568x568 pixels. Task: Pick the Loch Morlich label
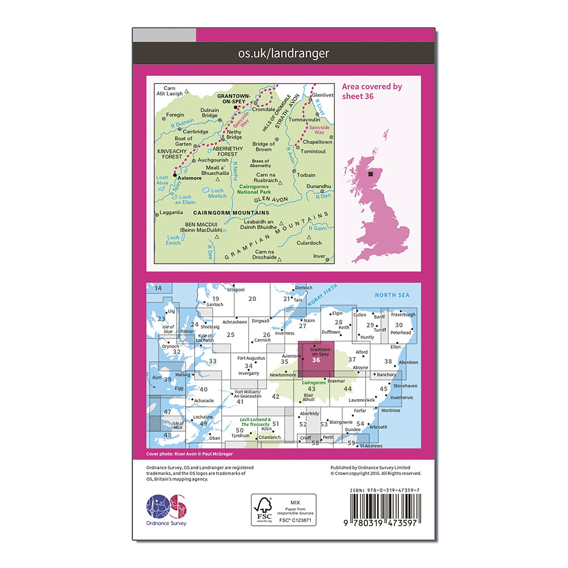217,193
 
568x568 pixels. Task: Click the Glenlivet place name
322,95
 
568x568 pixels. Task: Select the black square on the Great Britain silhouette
370,174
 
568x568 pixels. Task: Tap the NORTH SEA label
392,295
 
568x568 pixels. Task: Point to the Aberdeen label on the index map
408,362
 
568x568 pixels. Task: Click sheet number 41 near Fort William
240,402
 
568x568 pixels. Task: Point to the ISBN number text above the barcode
385,490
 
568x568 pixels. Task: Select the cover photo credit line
189,454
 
